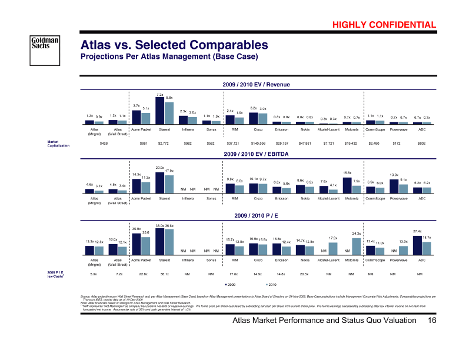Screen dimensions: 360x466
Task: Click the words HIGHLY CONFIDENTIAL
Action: (x=384, y=25)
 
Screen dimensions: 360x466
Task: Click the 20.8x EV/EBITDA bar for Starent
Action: (x=160, y=182)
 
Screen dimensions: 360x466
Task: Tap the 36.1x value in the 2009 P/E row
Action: (x=164, y=274)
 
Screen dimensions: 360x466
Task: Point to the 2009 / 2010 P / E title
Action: (x=257, y=216)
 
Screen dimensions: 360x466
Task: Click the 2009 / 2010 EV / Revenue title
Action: (x=257, y=85)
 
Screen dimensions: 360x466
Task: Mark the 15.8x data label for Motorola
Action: (x=347, y=172)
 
